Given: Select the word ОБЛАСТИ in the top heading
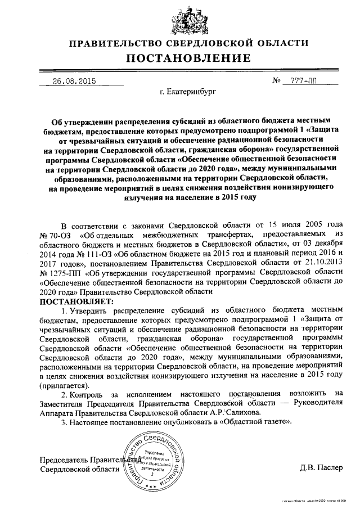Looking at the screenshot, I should click(x=287, y=43).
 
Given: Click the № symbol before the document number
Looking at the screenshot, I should click(x=276, y=80).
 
